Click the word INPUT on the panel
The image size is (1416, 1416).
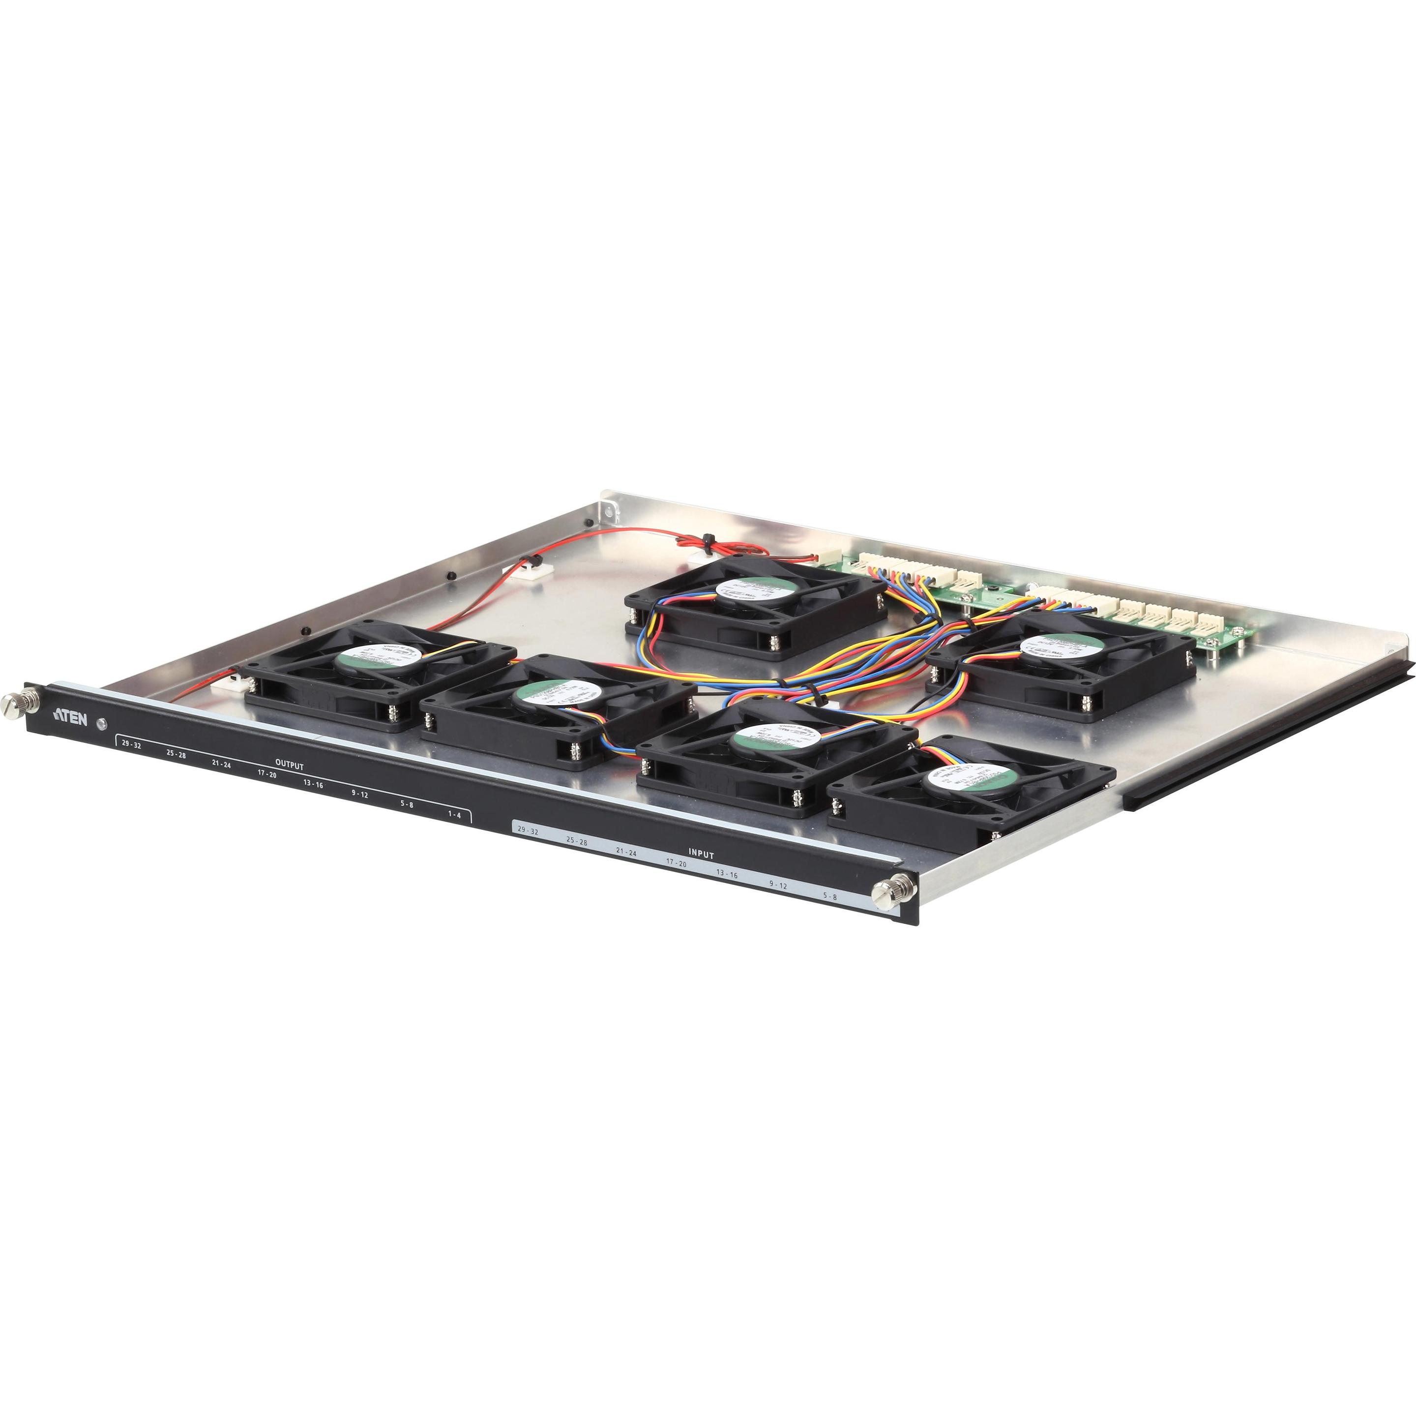click(x=701, y=855)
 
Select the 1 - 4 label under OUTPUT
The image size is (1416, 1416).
click(x=454, y=815)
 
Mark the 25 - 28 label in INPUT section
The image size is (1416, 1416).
click(x=577, y=842)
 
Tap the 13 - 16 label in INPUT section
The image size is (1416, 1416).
click(x=727, y=874)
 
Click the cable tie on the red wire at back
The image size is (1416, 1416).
click(x=708, y=541)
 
